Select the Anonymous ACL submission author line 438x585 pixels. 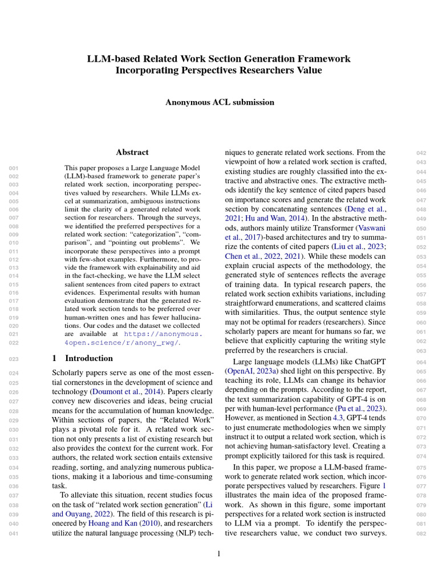coord(219,102)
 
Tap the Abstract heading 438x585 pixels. coord(132,153)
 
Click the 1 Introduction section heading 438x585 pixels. coord(83,358)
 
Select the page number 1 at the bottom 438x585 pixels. coord(219,554)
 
